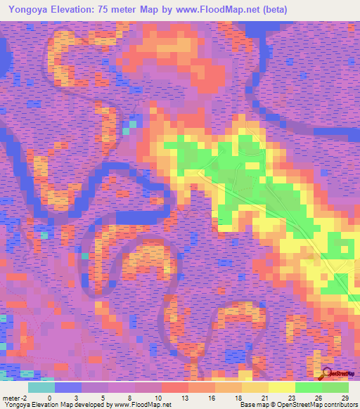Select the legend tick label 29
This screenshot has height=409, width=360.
344,397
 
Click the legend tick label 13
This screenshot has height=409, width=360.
184,397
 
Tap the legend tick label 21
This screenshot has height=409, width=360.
264,397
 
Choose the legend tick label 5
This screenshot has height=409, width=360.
103,397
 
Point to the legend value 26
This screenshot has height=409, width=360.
317,397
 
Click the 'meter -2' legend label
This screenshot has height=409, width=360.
14,397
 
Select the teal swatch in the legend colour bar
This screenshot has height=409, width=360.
41,387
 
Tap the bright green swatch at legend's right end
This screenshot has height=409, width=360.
335,387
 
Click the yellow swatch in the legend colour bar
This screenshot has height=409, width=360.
281,387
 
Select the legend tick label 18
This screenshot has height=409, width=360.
238,397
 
